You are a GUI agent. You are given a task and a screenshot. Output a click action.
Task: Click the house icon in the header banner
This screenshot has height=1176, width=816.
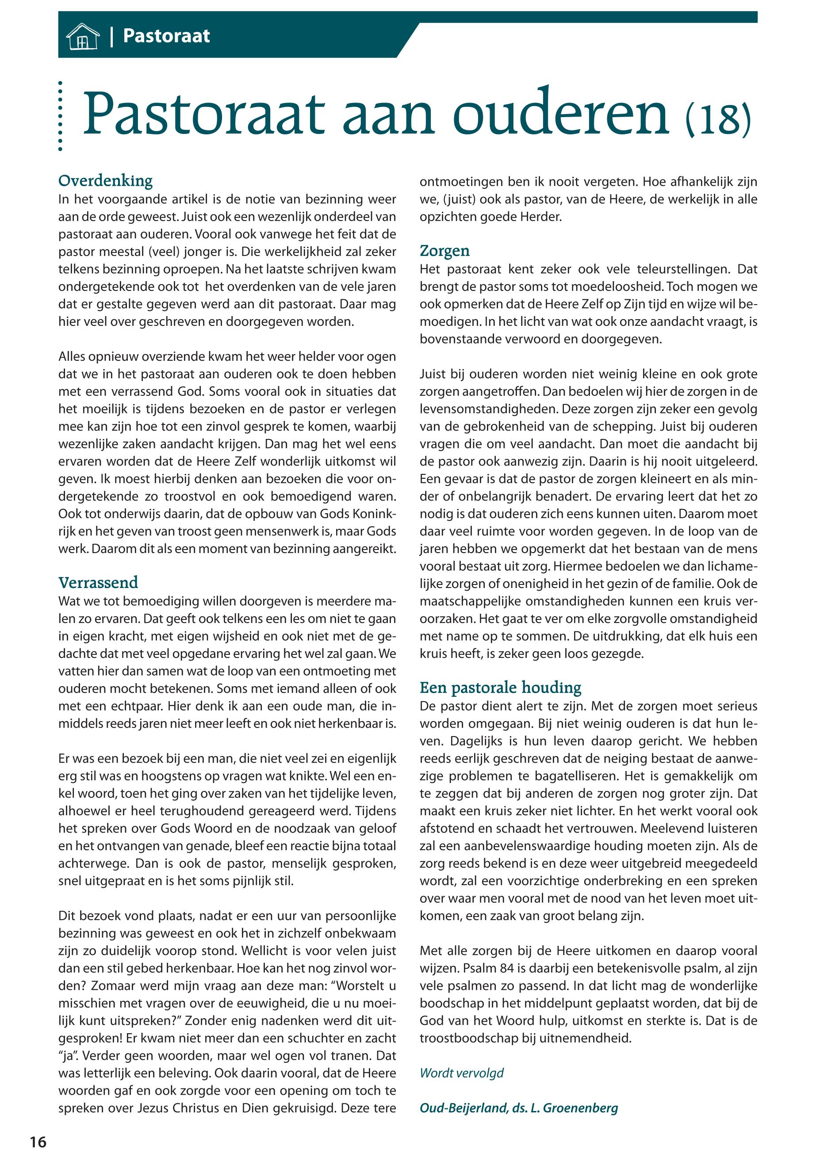pos(83,37)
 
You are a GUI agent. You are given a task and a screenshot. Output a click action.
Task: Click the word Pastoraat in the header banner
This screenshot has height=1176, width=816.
pos(166,36)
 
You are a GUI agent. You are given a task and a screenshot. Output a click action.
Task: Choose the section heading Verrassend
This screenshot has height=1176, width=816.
pos(98,583)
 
